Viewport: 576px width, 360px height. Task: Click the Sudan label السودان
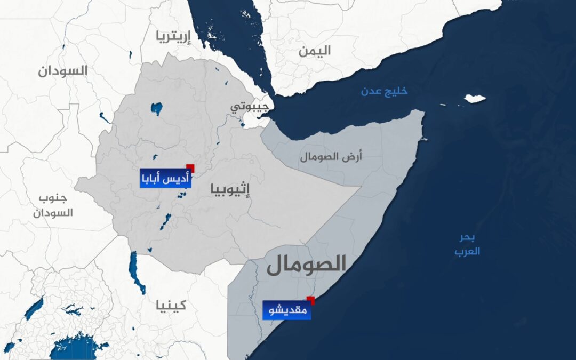(x=62, y=71)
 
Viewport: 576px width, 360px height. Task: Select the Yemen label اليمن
(x=314, y=51)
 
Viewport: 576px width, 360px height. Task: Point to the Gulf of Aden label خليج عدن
(x=383, y=91)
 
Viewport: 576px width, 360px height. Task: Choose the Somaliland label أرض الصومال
(x=331, y=156)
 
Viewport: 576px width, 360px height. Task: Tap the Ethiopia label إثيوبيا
(x=230, y=189)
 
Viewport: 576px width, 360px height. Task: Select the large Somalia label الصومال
(x=307, y=265)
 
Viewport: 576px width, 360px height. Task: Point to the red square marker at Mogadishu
(x=310, y=300)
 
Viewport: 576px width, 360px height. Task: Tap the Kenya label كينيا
(x=171, y=305)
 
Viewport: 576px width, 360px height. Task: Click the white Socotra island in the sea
(x=474, y=99)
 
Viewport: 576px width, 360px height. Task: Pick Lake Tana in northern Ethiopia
(x=156, y=109)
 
